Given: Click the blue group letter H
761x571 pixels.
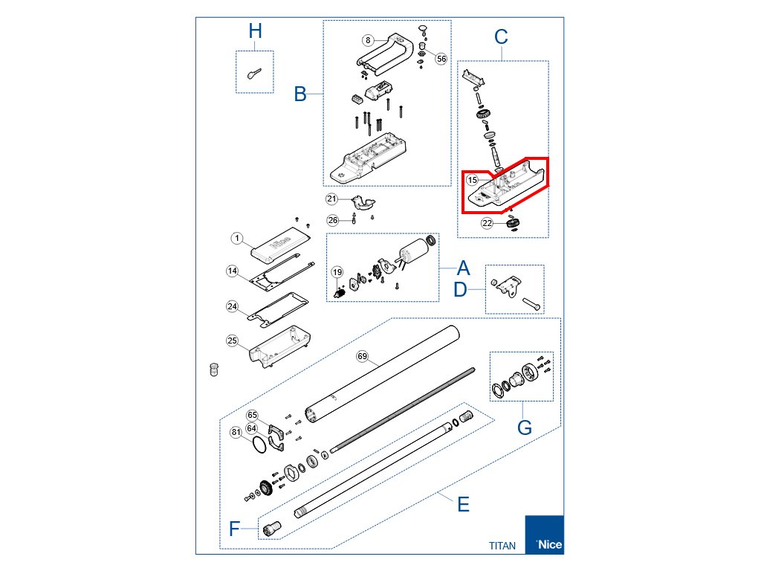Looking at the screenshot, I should [x=255, y=31].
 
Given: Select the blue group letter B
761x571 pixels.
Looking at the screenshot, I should [x=300, y=94].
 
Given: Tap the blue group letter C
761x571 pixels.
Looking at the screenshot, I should [x=501, y=36].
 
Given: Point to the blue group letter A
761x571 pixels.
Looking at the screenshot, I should [x=463, y=268].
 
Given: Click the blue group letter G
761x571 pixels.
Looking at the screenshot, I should [x=525, y=428].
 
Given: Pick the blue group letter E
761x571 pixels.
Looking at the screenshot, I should [x=463, y=505].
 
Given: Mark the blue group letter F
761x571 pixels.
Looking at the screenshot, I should [x=234, y=529].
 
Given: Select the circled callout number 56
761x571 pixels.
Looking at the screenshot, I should [x=441, y=58].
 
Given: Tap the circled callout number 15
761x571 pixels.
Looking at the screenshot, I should [x=472, y=180].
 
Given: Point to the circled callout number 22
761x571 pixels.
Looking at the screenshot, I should [x=487, y=222].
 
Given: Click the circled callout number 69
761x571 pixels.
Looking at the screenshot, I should [x=363, y=357].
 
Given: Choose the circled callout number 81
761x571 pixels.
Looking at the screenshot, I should [x=236, y=432].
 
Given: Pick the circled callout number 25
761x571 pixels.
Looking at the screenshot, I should [x=233, y=341].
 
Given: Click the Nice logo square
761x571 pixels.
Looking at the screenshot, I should [x=544, y=535].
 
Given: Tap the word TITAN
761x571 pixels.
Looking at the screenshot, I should [x=502, y=546].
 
